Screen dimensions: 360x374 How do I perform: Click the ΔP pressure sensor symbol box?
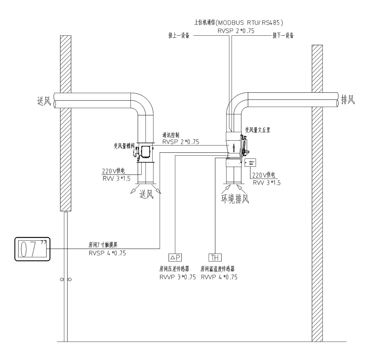[175, 257]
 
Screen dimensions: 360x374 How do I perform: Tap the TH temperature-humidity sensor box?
[215, 257]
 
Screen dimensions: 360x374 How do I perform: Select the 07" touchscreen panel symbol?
[32, 249]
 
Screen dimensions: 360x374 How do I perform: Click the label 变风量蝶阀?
[122, 146]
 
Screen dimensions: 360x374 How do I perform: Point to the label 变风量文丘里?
[258, 130]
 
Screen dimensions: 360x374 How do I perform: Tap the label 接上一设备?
[179, 36]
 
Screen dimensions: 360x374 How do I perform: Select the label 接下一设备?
[283, 36]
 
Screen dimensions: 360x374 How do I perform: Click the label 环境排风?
[235, 198]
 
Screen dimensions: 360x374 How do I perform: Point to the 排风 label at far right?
[348, 100]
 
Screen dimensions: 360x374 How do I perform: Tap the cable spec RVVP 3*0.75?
[178, 277]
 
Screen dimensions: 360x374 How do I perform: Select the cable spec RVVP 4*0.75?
[219, 277]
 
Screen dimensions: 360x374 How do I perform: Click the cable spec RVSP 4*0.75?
[107, 253]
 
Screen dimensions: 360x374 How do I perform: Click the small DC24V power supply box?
[249, 163]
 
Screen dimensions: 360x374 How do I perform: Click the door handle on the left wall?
[66, 280]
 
